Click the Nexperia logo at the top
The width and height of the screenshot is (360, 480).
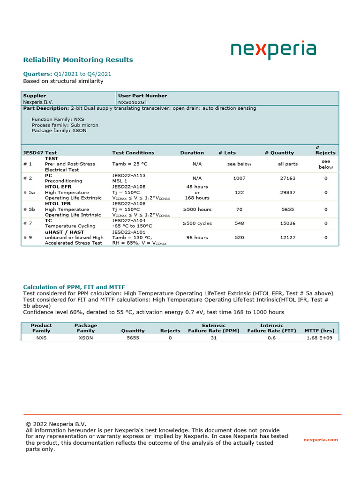point(273,51)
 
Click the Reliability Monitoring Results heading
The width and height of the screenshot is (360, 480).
point(78,60)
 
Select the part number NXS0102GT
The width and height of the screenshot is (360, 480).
point(133,102)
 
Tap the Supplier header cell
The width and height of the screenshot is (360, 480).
point(35,96)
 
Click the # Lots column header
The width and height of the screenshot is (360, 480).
point(227,153)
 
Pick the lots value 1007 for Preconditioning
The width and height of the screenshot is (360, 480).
point(239,178)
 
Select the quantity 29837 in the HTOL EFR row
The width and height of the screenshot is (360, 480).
point(288,192)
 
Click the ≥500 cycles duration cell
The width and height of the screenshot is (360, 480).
point(197,224)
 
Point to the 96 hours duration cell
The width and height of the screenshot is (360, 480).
point(197,238)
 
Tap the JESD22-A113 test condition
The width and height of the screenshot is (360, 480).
point(129,175)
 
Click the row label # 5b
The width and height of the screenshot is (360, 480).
point(29,210)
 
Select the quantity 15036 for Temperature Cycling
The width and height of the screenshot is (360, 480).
point(288,224)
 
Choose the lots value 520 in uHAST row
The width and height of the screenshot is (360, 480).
point(239,238)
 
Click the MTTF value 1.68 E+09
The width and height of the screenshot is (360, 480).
point(320,337)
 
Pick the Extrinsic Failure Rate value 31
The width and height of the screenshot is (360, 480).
point(214,337)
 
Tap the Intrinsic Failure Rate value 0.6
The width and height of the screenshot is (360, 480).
point(272,337)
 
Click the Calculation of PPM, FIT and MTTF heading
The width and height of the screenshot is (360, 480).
point(74,287)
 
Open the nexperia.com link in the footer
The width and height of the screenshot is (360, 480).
point(321,440)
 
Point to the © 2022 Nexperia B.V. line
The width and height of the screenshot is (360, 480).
point(56,424)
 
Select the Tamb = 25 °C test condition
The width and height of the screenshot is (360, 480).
point(130,164)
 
